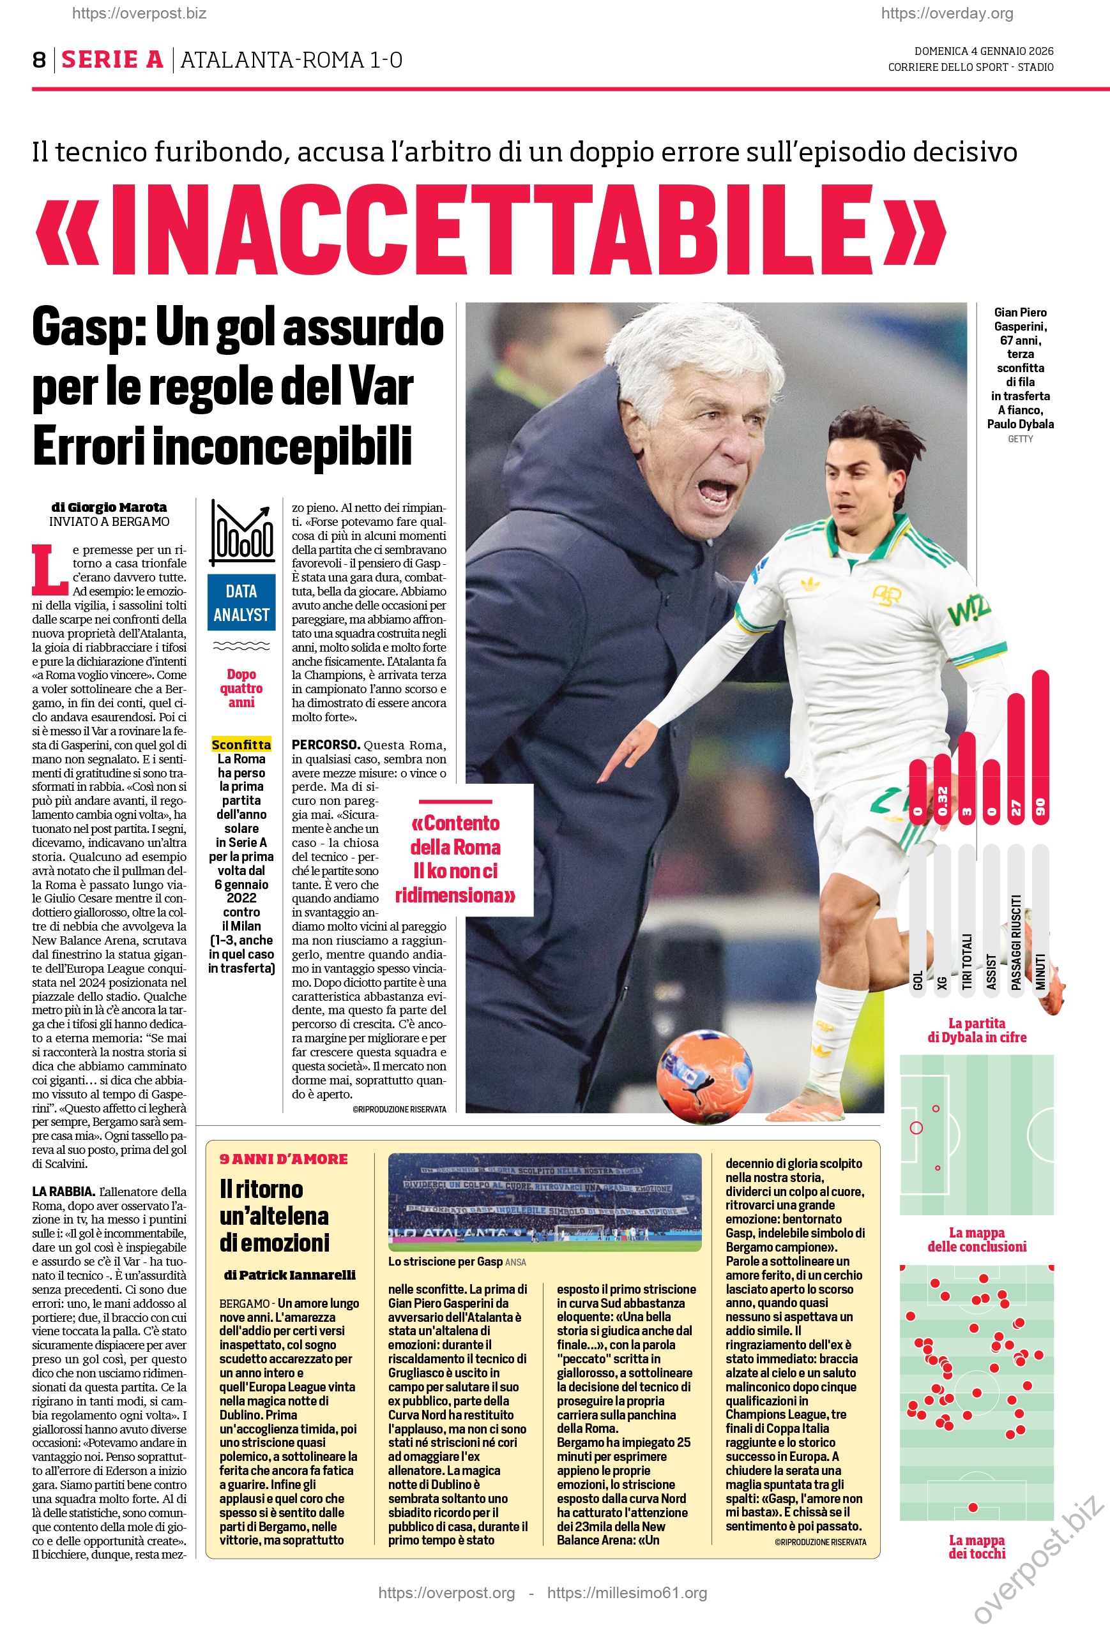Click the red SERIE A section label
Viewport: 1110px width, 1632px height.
point(112,61)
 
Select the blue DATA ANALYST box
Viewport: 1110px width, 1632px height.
point(241,603)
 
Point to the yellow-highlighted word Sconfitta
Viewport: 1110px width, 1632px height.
point(241,744)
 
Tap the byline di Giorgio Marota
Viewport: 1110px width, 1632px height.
point(109,507)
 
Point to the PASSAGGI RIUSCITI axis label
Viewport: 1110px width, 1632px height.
point(1016,941)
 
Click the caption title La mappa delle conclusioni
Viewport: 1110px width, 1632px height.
point(977,1239)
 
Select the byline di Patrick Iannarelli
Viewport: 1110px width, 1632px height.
point(289,1275)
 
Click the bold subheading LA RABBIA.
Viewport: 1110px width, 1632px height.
point(63,1191)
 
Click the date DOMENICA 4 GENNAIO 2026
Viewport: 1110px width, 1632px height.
point(983,51)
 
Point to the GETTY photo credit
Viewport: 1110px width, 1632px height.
point(1020,439)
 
